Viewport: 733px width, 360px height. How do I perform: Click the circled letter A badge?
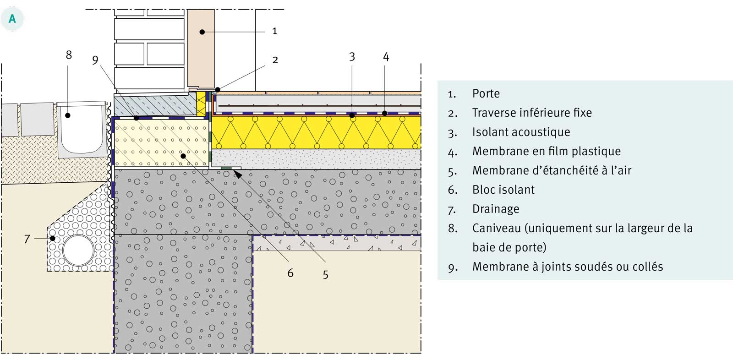(x=12, y=19)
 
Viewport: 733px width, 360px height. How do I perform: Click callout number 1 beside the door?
(x=274, y=31)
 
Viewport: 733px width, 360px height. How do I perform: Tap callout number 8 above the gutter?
(x=69, y=55)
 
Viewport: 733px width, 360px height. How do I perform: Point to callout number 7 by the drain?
(x=27, y=239)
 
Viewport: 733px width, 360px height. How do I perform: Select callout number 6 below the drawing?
(x=290, y=273)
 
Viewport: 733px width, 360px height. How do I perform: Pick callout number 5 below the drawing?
(x=325, y=275)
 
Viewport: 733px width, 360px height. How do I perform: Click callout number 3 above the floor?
(x=352, y=57)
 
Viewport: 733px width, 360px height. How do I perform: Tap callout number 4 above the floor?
(x=386, y=57)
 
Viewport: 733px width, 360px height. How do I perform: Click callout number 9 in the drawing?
(x=95, y=60)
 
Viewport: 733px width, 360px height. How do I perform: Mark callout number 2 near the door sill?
(x=275, y=60)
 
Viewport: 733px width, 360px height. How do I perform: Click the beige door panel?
(x=201, y=48)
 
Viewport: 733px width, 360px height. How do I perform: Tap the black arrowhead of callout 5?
(x=238, y=173)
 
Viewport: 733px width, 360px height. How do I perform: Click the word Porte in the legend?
(x=486, y=93)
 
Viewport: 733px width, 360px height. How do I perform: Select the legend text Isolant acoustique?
(x=521, y=132)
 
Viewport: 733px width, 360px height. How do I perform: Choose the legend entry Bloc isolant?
(x=503, y=190)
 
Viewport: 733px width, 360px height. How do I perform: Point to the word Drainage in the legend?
(x=496, y=209)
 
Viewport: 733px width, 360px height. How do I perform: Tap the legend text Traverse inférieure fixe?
(x=531, y=113)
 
